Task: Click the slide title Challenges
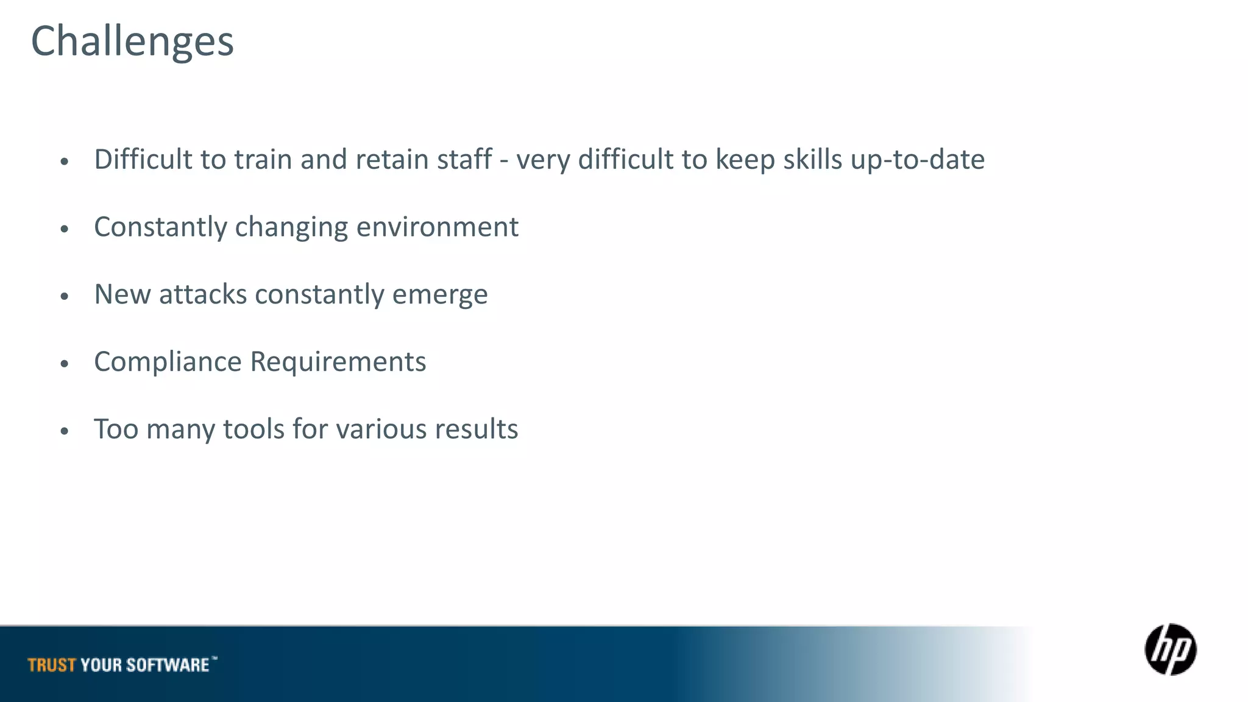(132, 41)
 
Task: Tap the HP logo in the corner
(1170, 650)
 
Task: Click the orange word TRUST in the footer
(52, 665)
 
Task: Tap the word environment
(438, 227)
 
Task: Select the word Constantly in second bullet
(160, 227)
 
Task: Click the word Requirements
(338, 363)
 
